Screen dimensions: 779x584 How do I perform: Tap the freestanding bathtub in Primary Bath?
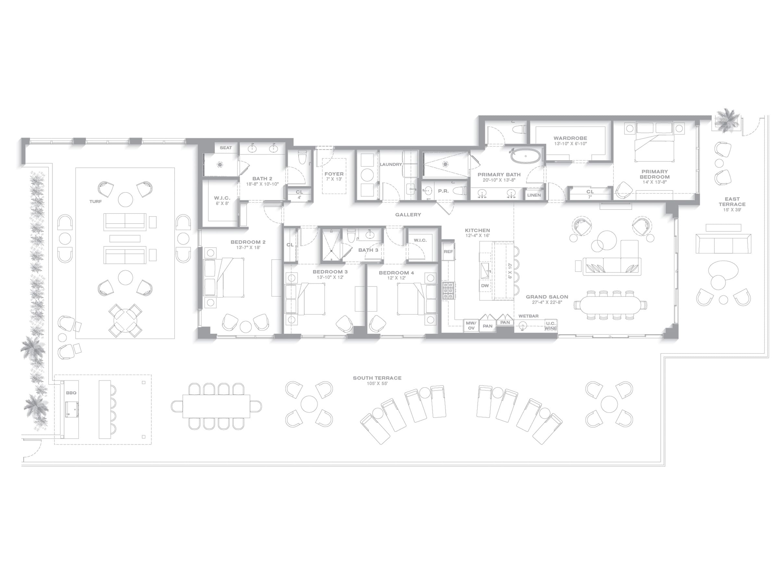coord(526,156)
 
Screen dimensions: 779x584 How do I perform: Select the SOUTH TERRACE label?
coord(377,378)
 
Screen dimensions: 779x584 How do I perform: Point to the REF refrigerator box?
coord(448,251)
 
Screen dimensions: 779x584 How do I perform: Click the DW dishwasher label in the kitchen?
coord(485,286)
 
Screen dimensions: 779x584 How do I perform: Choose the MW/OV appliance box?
coord(471,326)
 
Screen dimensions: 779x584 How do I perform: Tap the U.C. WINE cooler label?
coord(551,326)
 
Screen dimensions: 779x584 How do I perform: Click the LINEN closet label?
coord(534,195)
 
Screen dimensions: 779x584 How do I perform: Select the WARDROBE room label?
coord(570,138)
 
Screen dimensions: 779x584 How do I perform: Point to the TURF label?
coord(95,201)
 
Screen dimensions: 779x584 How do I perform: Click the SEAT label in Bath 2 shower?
coord(226,148)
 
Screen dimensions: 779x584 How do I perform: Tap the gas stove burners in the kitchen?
coord(449,291)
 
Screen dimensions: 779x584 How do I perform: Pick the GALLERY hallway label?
coord(408,214)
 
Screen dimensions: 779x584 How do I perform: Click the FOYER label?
coord(334,174)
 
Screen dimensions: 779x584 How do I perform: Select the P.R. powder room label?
coord(443,191)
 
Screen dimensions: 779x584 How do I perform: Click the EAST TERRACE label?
coord(732,202)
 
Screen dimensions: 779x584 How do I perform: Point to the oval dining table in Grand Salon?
coord(610,305)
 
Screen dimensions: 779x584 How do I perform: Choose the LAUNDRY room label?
coord(391,164)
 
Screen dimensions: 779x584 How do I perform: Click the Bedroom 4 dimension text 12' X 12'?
coord(396,278)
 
